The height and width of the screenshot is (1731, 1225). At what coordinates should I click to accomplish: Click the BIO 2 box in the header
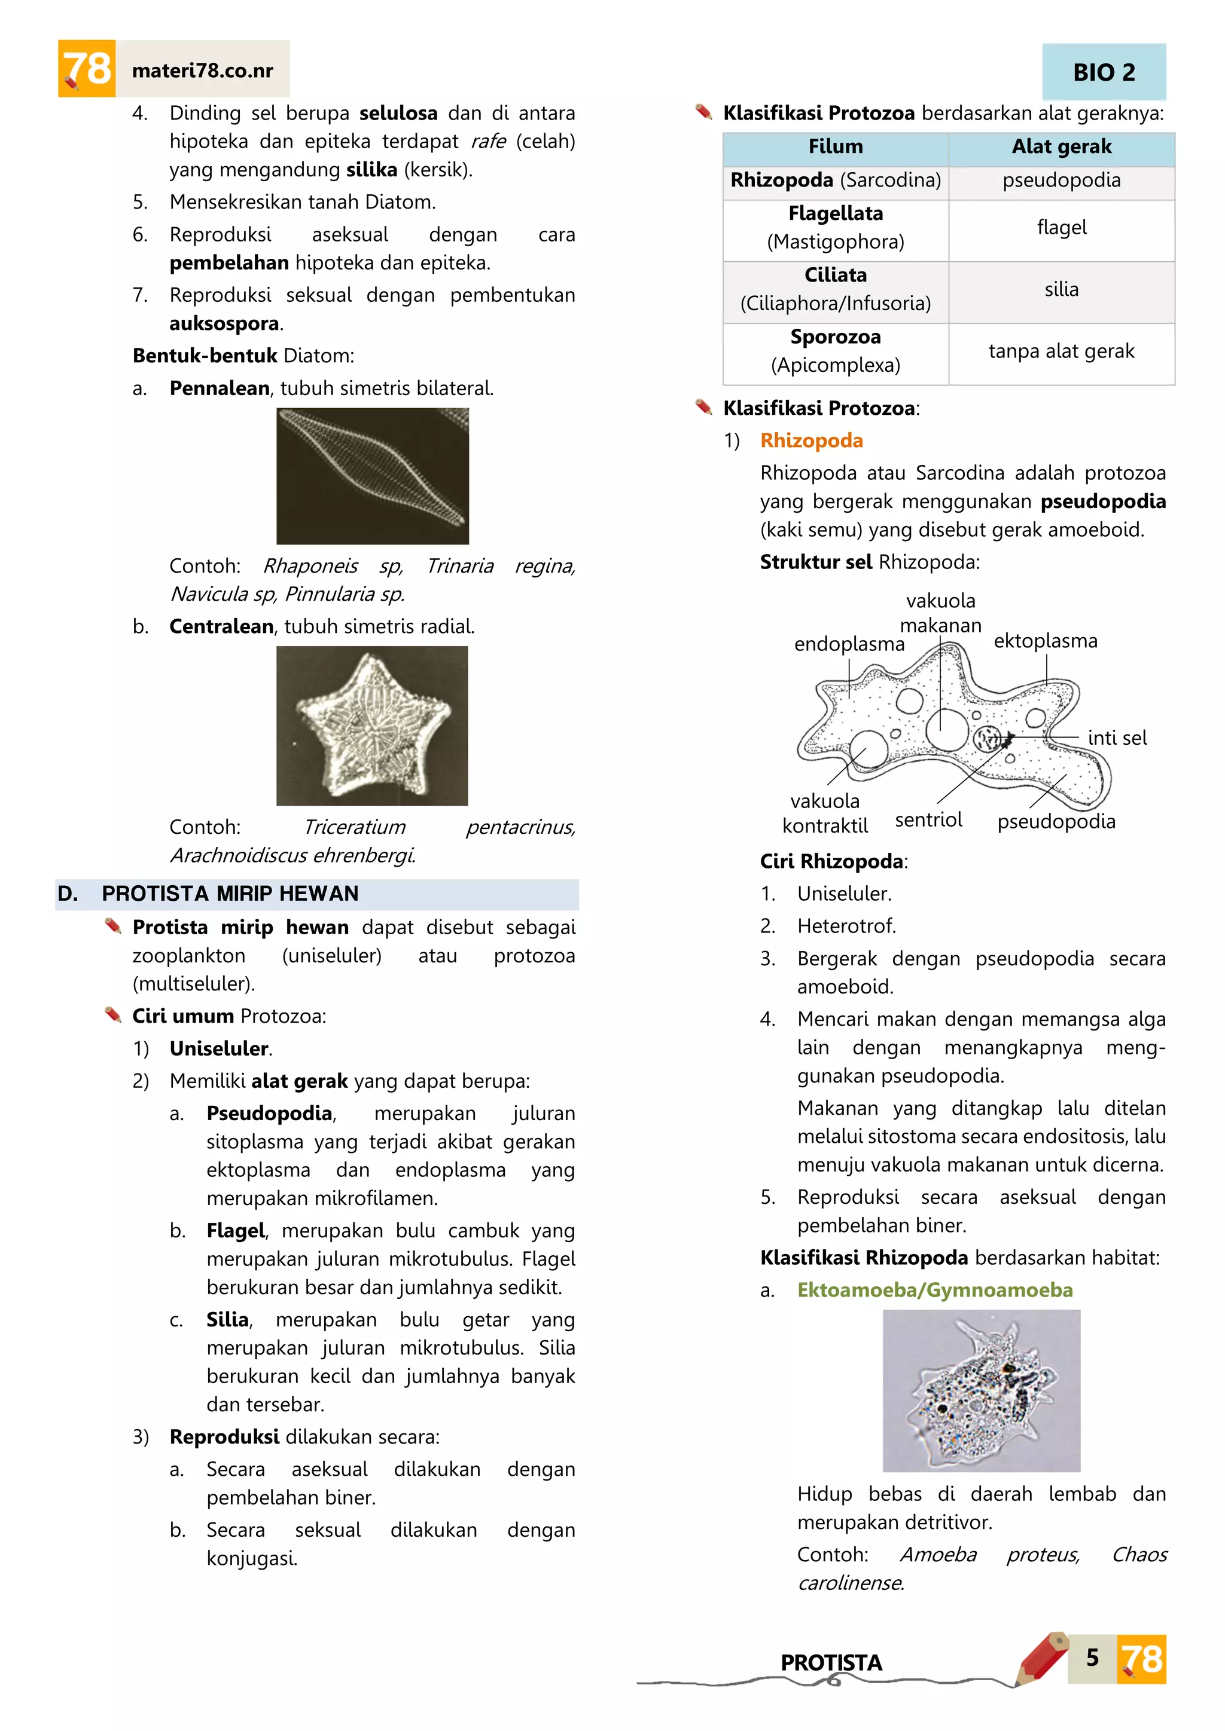[x=1104, y=72]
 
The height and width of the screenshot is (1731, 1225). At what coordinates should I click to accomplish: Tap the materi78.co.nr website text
[x=202, y=71]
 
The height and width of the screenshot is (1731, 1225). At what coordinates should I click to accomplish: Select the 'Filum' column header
[x=835, y=147]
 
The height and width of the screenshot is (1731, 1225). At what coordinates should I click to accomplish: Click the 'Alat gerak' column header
[x=1061, y=147]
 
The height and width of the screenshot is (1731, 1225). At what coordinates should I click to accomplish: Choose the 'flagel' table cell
[x=1061, y=228]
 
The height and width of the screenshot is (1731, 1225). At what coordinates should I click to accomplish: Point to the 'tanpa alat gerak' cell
[x=1061, y=351]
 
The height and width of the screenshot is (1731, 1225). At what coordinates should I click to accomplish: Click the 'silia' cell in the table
[x=1061, y=289]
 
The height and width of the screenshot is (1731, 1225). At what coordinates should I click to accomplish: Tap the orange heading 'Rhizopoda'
[x=812, y=441]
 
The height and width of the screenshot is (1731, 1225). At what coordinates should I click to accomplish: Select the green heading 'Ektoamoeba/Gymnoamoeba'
[x=934, y=1290]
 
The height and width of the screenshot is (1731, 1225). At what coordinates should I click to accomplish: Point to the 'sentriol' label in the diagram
[x=928, y=820]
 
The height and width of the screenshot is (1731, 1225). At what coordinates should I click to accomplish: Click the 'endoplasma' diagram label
[x=849, y=644]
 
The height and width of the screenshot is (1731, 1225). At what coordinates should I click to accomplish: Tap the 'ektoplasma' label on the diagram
[x=1046, y=641]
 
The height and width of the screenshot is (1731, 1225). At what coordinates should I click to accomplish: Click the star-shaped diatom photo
[x=372, y=726]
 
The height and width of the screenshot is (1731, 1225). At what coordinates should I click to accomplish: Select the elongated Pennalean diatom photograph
[x=373, y=476]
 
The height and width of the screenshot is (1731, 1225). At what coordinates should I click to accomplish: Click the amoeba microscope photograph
[x=982, y=1391]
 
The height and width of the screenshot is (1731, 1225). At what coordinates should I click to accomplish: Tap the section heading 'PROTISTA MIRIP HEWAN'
[x=230, y=894]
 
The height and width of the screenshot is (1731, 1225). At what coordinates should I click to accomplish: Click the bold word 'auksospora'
[x=224, y=324]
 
